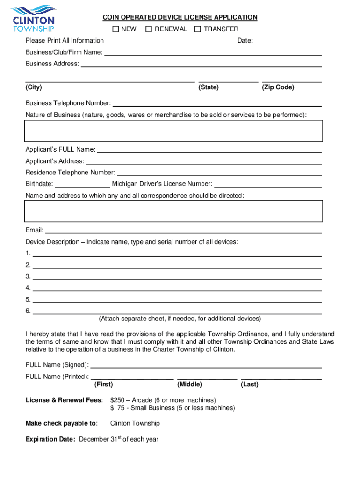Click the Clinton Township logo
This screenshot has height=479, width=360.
click(x=33, y=18)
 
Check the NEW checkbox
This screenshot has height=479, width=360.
click(x=115, y=29)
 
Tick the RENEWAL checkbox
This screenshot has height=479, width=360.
click(x=149, y=29)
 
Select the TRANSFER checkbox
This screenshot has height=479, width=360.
click(x=198, y=29)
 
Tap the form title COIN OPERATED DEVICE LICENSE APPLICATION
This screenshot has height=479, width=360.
click(x=180, y=17)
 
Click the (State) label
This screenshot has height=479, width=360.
click(x=209, y=87)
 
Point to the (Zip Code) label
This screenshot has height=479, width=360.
click(x=278, y=87)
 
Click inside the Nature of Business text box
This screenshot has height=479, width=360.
click(x=173, y=131)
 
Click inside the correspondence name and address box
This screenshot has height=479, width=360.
click(x=173, y=211)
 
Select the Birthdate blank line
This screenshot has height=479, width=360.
click(x=82, y=185)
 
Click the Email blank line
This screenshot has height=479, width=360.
click(x=183, y=231)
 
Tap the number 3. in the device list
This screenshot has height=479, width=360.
click(x=28, y=276)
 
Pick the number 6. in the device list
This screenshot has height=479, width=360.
click(x=28, y=311)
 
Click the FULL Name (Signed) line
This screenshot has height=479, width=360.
click(x=206, y=366)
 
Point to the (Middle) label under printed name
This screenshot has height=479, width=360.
click(x=189, y=385)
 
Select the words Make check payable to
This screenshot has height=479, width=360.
click(x=61, y=423)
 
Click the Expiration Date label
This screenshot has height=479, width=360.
click(x=50, y=439)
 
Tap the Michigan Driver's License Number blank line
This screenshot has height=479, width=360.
click(x=268, y=185)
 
